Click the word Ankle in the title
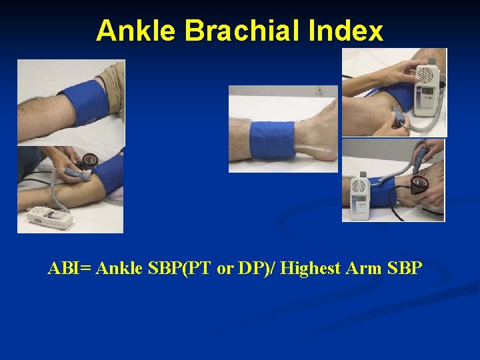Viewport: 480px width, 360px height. (137, 31)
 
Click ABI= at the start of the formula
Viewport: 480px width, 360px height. (70, 269)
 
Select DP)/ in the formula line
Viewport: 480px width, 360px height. (257, 269)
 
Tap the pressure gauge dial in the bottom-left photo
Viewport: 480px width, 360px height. (89, 160)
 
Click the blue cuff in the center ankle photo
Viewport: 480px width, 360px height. (267, 139)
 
